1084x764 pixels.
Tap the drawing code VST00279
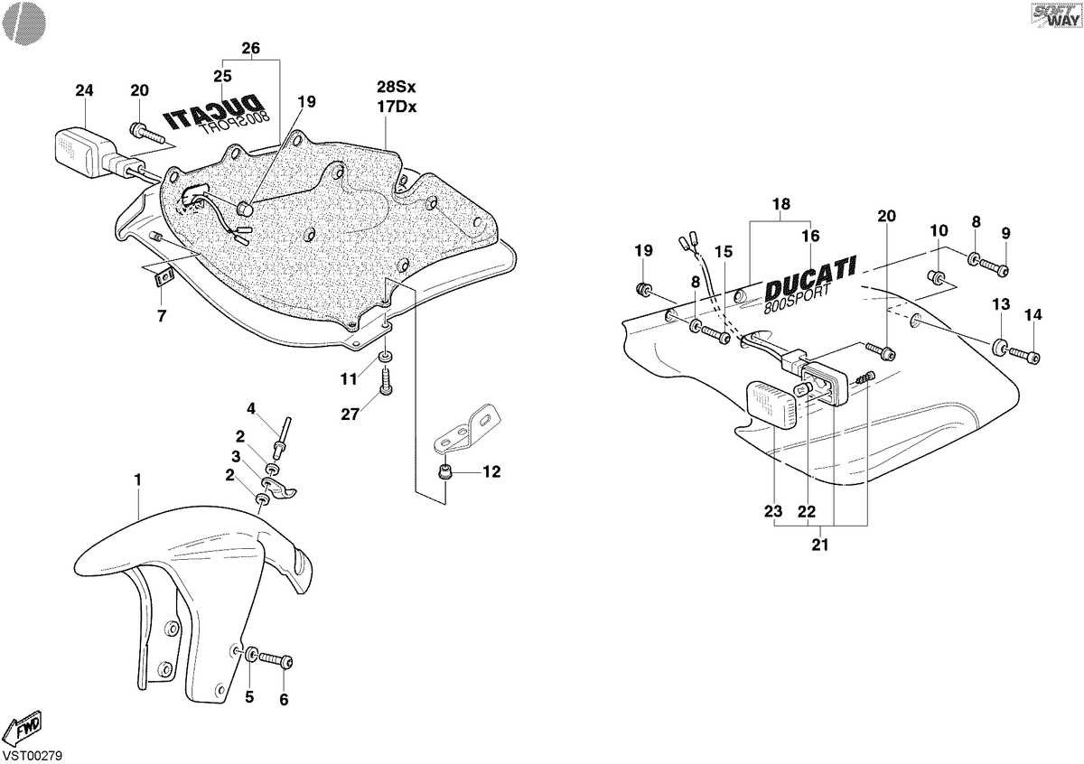[32, 755]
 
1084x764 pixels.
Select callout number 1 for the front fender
[138, 480]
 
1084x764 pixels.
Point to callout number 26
[251, 48]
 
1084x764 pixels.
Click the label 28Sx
[397, 87]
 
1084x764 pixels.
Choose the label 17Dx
[397, 107]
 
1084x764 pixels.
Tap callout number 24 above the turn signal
[84, 90]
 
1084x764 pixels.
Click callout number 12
[491, 471]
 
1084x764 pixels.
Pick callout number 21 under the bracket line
[820, 545]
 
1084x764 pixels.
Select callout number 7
[162, 316]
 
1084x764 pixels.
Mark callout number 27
[350, 415]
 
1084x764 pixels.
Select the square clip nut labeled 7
[164, 278]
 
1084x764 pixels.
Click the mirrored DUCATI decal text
[212, 115]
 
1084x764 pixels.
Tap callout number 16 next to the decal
[810, 236]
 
